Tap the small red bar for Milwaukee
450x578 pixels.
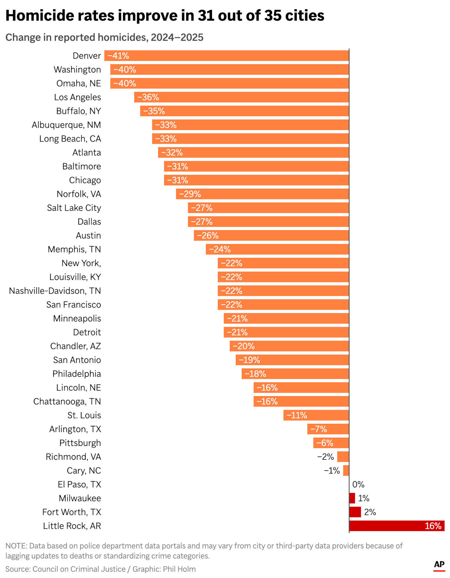[352, 498]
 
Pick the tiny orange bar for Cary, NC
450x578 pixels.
[346, 471]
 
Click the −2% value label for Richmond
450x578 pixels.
[326, 457]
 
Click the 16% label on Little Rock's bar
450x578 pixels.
[433, 526]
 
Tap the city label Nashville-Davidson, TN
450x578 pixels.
[55, 291]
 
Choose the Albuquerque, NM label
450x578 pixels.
[66, 125]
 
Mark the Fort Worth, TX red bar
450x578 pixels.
[355, 512]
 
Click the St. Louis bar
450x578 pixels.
[316, 415]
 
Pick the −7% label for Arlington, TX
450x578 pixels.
[319, 429]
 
